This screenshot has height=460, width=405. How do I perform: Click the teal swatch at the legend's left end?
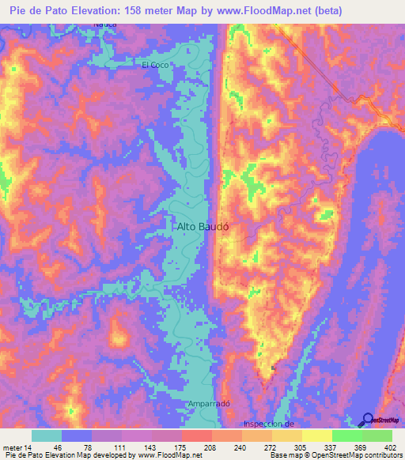pos(47,435)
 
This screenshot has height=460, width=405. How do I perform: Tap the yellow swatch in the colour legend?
pos(317,435)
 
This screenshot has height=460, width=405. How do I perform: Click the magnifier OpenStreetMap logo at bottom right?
pos(367,419)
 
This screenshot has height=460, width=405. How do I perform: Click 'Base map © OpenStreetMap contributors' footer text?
pos(335,455)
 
